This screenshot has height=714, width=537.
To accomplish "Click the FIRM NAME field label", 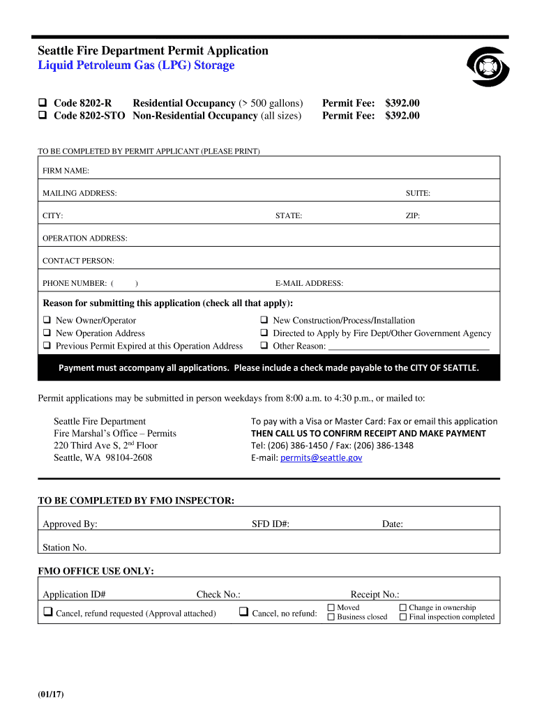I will [x=66, y=171].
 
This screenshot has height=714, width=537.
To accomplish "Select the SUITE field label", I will [x=418, y=193].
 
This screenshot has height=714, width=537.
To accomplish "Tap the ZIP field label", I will [x=413, y=216].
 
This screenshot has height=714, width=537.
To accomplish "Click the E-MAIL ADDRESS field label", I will [x=309, y=283].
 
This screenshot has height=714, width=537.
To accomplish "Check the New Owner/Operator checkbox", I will [x=47, y=321].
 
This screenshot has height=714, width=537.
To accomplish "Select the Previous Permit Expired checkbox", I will [x=47, y=346].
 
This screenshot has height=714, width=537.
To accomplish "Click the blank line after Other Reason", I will [x=409, y=347].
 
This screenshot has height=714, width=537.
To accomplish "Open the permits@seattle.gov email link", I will [x=321, y=458].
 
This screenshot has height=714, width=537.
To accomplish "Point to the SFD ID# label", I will [x=270, y=524].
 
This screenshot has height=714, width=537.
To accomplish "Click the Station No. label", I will [x=65, y=547].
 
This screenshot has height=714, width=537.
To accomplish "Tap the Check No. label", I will [x=218, y=595].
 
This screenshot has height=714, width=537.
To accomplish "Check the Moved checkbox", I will [x=331, y=608].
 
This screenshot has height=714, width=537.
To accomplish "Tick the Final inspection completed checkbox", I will [x=403, y=617].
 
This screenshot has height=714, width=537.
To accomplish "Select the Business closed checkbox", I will [x=331, y=617].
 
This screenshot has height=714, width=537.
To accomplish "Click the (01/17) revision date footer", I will [x=51, y=694].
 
